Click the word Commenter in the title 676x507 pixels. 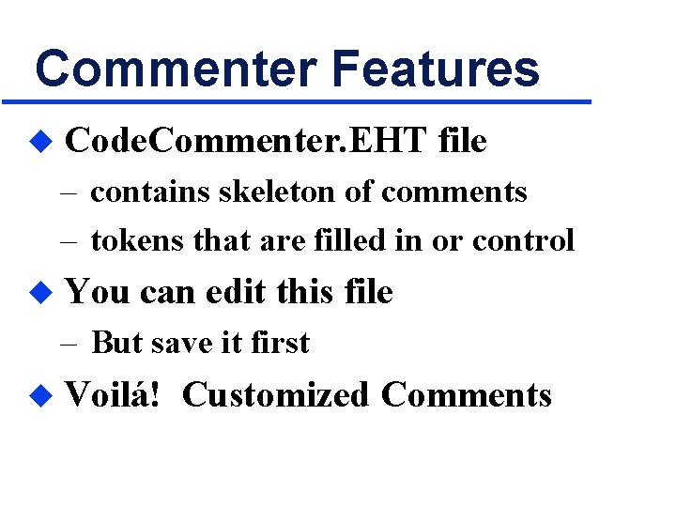[174, 69]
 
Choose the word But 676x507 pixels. [115, 343]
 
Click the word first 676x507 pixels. [280, 343]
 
